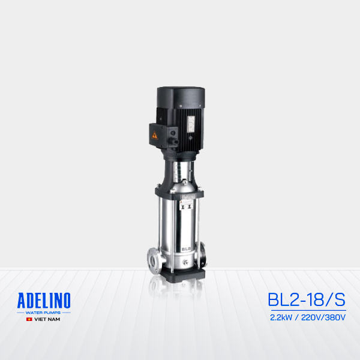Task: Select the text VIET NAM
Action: (x=47, y=320)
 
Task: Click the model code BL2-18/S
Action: (x=307, y=299)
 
